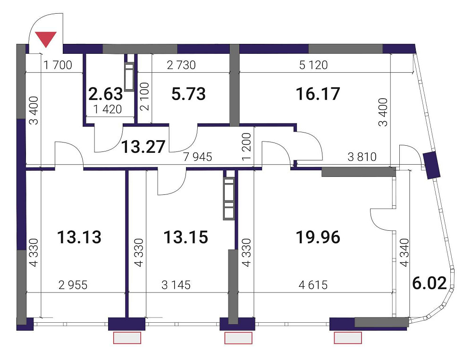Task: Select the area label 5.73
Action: tap(188, 94)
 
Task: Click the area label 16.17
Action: tap(318, 94)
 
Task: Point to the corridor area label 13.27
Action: tap(143, 147)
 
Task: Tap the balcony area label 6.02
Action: tap(429, 284)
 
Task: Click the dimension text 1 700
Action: tap(59, 65)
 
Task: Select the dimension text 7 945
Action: tap(198, 157)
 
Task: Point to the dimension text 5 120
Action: tap(313, 65)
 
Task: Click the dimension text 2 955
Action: tap(73, 285)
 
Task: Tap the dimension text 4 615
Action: tap(313, 285)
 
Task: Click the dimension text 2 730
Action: tap(181, 65)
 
